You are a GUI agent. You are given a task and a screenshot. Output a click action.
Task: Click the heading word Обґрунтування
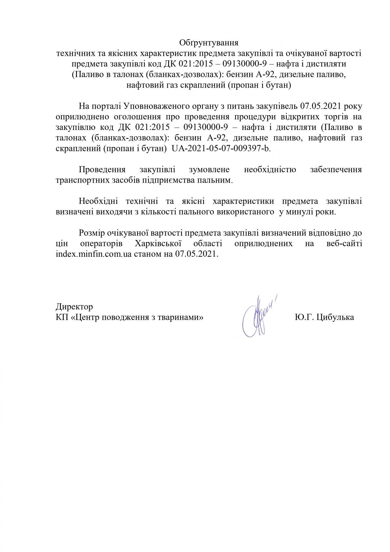point(209,43)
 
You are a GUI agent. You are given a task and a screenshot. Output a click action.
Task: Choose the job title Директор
point(74,306)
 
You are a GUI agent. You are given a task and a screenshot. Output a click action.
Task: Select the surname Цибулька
point(335,317)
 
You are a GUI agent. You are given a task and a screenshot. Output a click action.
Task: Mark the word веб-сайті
point(344,244)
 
